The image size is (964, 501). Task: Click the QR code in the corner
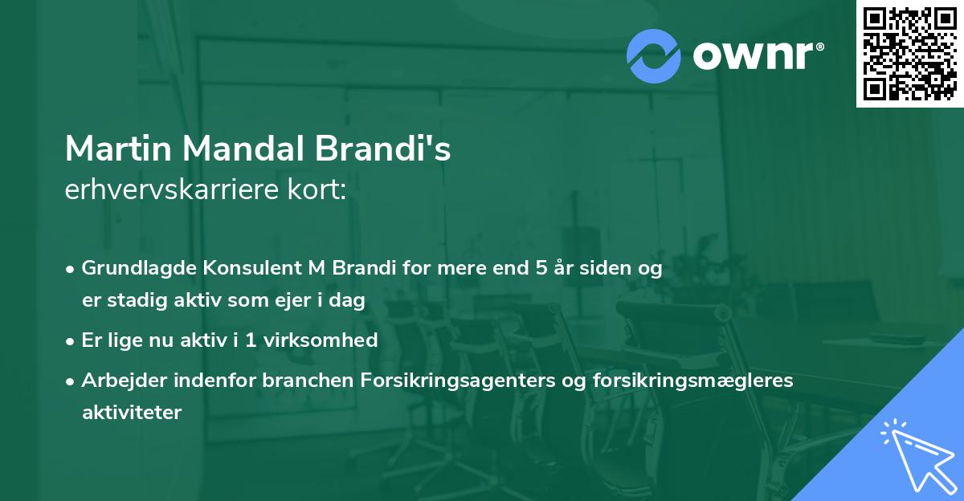(x=909, y=53)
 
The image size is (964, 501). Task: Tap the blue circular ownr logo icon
(x=654, y=56)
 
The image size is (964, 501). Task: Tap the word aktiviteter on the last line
(x=132, y=413)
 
